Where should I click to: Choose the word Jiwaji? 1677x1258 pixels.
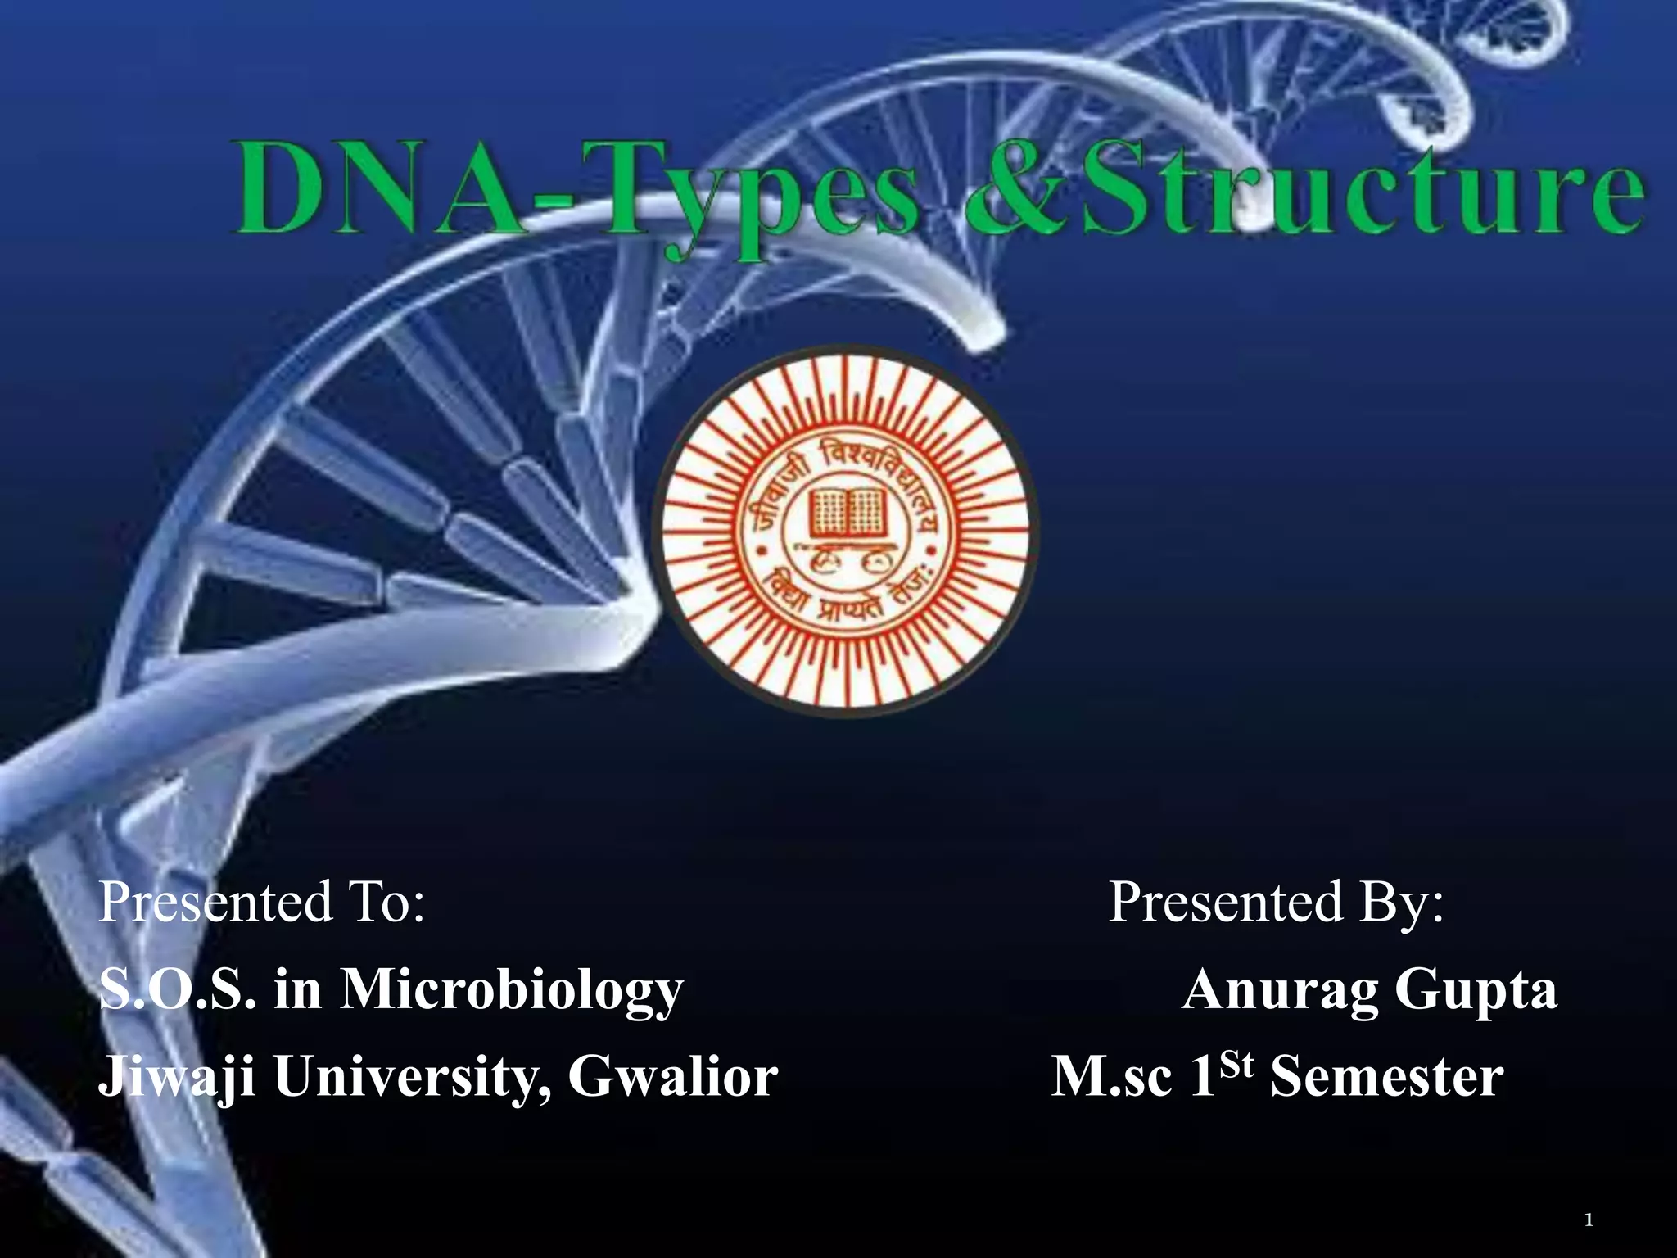176,1077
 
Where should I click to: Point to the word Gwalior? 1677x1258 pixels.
673,1075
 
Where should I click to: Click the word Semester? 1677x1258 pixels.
1387,1075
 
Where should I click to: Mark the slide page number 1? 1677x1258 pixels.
1589,1221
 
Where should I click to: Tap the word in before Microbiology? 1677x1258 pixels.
298,989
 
